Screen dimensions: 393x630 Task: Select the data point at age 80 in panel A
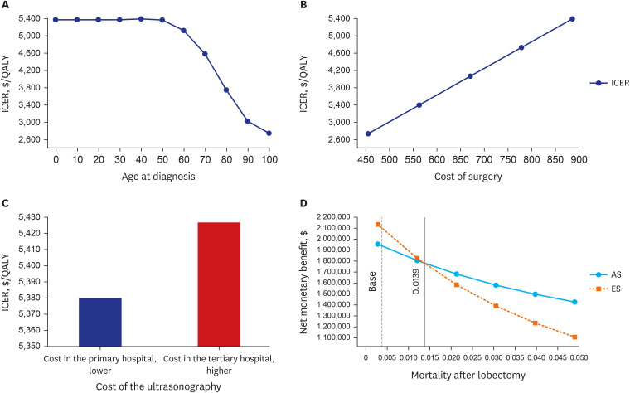(226, 90)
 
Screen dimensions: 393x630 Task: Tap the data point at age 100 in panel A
(269, 133)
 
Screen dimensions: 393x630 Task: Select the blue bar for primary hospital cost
(99, 322)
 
